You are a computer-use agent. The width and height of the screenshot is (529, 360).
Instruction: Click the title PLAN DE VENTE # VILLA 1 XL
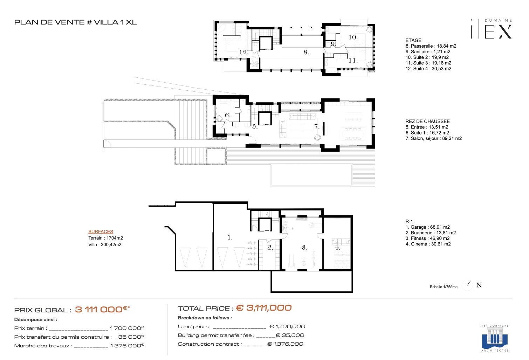[x=76, y=22]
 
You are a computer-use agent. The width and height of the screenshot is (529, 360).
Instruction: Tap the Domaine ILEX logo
[x=492, y=29]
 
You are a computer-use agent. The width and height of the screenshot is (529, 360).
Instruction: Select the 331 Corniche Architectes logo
[x=495, y=338]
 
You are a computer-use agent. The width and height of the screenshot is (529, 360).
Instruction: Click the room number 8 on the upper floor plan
[x=306, y=52]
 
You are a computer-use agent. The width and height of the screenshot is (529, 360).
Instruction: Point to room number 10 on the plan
[x=353, y=37]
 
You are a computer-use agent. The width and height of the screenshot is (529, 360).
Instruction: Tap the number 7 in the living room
[x=317, y=127]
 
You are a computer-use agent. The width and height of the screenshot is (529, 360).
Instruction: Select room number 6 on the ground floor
[x=227, y=115]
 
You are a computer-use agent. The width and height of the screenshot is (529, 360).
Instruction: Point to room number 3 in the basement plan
[x=304, y=247]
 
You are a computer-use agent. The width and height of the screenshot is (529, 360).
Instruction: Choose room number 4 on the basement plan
[x=337, y=247]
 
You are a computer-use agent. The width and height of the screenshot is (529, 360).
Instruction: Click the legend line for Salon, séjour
[x=434, y=138]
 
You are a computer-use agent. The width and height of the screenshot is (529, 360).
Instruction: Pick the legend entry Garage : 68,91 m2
[x=428, y=227]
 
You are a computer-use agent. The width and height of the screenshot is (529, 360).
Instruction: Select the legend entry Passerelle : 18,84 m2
[x=431, y=46]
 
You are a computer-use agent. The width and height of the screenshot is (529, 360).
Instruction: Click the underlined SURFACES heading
[x=101, y=231]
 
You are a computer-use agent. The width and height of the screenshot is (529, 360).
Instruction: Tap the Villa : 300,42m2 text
[x=105, y=244]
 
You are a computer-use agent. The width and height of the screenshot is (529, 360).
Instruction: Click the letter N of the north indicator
[x=479, y=285]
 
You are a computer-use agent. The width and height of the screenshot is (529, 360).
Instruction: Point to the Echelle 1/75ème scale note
[x=444, y=287]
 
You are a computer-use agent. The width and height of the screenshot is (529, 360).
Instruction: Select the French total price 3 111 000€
[x=102, y=309]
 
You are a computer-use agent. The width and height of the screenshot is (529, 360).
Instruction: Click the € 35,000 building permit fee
[x=290, y=335]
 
